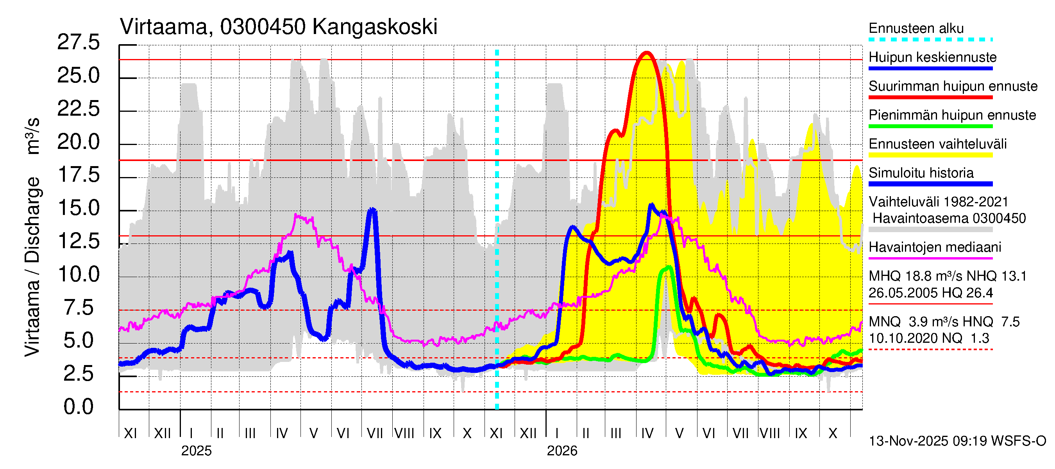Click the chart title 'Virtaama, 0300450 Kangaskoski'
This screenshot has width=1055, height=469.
279,27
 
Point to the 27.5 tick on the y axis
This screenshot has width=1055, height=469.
78,43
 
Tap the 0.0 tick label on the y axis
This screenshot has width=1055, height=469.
78,407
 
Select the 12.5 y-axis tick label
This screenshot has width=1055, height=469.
78,241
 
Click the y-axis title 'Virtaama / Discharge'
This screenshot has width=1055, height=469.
33,266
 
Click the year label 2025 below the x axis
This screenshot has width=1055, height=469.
196,451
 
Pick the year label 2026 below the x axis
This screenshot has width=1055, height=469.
562,451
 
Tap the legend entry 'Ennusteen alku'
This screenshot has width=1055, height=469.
916,29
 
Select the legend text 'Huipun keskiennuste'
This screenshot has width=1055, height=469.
933,57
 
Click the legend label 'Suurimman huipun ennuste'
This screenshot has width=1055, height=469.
953,86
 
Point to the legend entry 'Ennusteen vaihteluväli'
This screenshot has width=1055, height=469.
937,144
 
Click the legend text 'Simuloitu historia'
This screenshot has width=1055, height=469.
921,173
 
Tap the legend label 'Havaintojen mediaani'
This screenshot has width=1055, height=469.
935,247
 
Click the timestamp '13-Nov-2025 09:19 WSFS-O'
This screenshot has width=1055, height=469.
957,441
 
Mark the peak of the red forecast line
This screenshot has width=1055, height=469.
647,52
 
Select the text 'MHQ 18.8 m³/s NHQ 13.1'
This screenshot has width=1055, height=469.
947,276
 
